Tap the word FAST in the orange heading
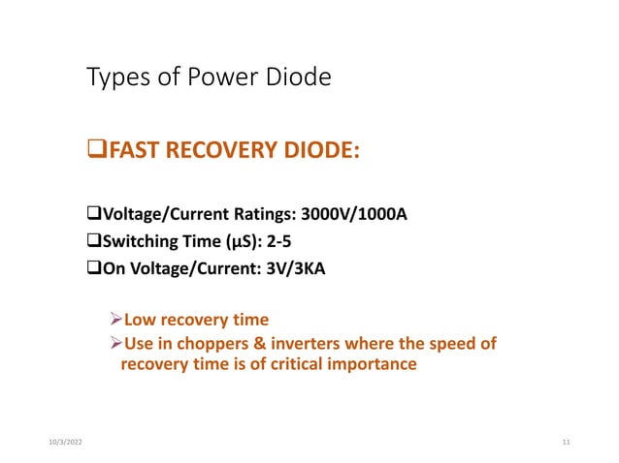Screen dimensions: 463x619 (128, 150)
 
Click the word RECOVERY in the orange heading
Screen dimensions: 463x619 (213, 150)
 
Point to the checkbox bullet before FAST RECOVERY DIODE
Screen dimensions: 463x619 (94, 150)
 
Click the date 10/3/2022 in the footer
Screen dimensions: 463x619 (64, 443)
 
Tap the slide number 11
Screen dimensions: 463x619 (566, 443)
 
